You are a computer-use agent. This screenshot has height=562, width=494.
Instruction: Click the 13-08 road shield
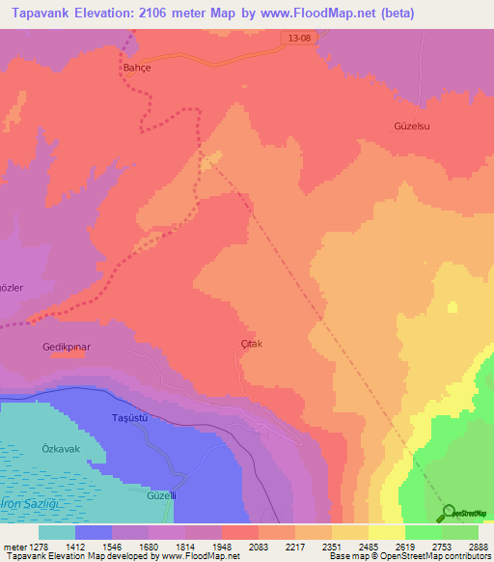click(x=299, y=37)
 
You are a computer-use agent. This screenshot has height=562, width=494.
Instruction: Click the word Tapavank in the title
click(x=42, y=13)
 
